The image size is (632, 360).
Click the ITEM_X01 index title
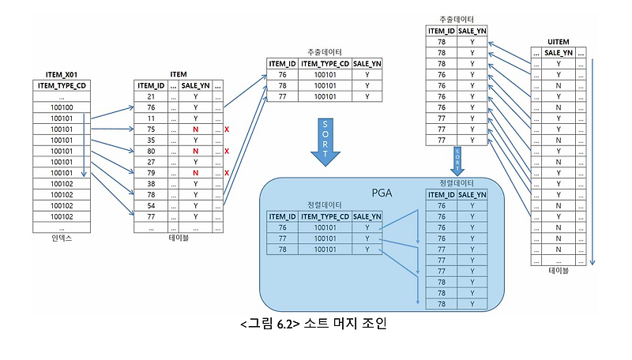pos(62,73)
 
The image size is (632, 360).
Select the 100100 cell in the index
pos(62,107)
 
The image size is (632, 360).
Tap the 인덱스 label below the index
pos(62,236)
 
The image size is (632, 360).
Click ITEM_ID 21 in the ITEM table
pos(150,96)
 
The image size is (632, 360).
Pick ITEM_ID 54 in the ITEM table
pos(150,204)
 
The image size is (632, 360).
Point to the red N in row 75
pos(194,129)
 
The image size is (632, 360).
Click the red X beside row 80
pos(227,151)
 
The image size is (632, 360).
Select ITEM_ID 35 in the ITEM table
pos(150,140)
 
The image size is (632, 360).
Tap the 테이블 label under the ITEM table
pos(179,236)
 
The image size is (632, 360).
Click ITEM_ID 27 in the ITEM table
pos(150,161)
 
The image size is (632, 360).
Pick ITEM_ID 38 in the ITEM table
pos(150,183)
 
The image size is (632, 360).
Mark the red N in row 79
pos(194,172)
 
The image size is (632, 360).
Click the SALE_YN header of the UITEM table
pos(559,52)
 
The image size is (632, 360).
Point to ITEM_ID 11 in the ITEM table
pos(150,118)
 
